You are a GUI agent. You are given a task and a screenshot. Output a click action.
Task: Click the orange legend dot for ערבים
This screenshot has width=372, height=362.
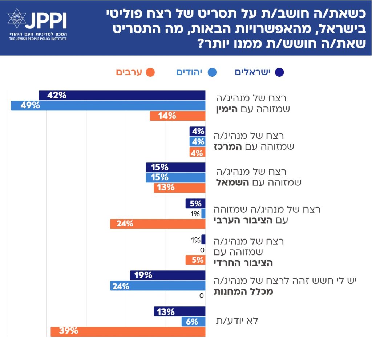(x=150, y=72)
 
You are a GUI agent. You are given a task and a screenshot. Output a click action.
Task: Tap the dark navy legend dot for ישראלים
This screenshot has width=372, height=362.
(x=279, y=72)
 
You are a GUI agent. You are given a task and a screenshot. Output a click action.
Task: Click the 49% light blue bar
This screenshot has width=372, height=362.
(x=108, y=106)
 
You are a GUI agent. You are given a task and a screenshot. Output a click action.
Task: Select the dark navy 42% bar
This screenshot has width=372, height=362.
(x=122, y=96)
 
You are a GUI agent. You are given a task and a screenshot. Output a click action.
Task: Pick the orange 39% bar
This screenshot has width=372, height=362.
(x=128, y=331)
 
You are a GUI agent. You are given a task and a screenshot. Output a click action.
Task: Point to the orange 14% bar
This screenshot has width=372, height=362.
(x=177, y=116)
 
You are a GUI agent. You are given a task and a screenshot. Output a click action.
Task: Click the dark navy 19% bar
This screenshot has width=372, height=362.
(x=167, y=275)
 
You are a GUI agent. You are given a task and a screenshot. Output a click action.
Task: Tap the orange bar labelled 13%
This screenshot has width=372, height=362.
(x=179, y=188)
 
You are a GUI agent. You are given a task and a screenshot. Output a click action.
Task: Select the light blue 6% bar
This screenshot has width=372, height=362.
(x=193, y=321)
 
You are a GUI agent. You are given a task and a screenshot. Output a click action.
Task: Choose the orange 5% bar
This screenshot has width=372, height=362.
(x=195, y=260)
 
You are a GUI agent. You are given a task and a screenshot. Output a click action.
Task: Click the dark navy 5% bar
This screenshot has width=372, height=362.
(x=195, y=203)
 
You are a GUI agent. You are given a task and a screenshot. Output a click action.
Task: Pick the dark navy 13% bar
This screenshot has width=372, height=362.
(x=179, y=311)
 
